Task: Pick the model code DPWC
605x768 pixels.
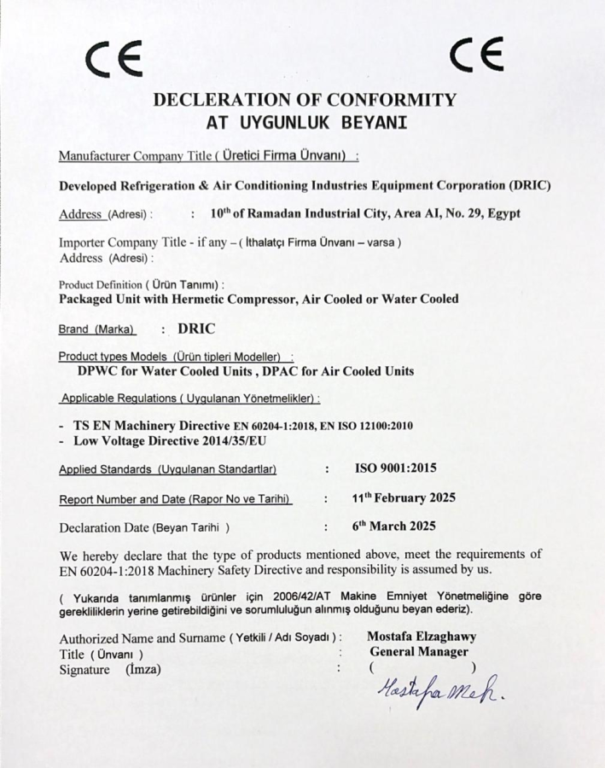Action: pyautogui.click(x=98, y=371)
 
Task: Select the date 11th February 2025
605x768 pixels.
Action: pyautogui.click(x=404, y=497)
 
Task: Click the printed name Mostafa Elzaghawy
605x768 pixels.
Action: pyautogui.click(x=421, y=637)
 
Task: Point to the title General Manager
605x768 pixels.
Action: pyautogui.click(x=419, y=652)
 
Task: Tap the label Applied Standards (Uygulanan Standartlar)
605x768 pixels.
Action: pyautogui.click(x=167, y=469)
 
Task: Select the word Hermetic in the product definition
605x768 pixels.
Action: pyautogui.click(x=222, y=299)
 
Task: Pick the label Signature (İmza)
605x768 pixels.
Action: pyautogui.click(x=110, y=669)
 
